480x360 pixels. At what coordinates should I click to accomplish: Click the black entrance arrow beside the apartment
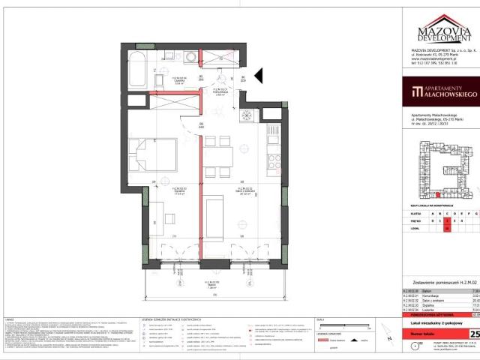(257, 74)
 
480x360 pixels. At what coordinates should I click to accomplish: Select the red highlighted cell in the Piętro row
(446, 221)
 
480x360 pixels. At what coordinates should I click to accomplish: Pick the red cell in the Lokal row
(446, 230)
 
